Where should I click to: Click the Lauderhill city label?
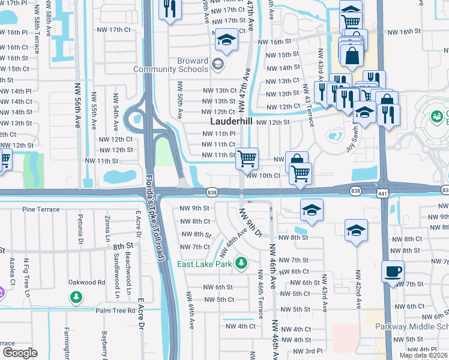click(231, 121)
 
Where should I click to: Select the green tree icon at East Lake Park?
click(241, 263)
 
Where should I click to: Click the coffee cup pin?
click(393, 271)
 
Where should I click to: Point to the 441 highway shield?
click(382, 193)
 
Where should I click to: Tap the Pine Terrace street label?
click(40, 209)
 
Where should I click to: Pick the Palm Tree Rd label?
click(118, 310)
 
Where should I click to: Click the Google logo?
click(20, 352)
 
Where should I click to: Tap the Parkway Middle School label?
click(411, 326)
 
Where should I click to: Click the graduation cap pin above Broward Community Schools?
click(226, 40)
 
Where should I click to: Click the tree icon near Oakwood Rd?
click(76, 296)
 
